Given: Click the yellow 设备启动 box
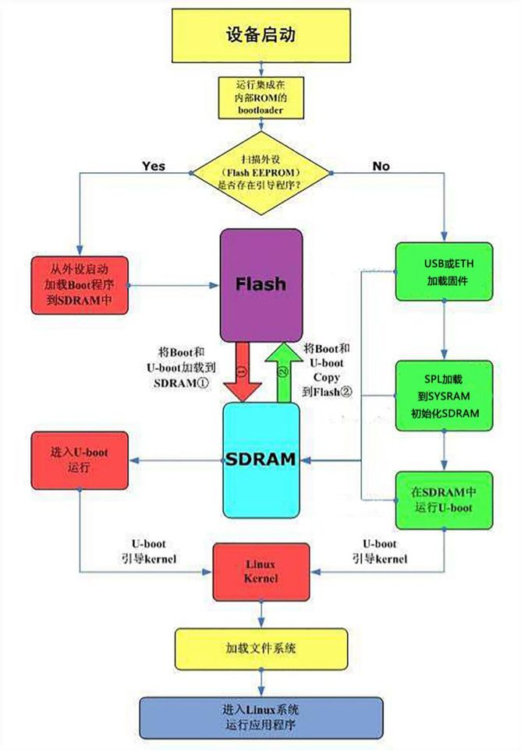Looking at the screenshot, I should click(260, 36).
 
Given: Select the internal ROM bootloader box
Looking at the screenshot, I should click(260, 97).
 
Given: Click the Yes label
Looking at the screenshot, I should click(153, 165).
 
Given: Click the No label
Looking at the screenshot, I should click(381, 165).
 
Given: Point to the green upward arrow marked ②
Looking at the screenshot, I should click(283, 373).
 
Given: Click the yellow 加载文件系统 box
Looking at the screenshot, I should click(260, 649).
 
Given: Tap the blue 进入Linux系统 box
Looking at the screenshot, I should click(260, 718).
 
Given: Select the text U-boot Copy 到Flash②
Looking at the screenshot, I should click(327, 369).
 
